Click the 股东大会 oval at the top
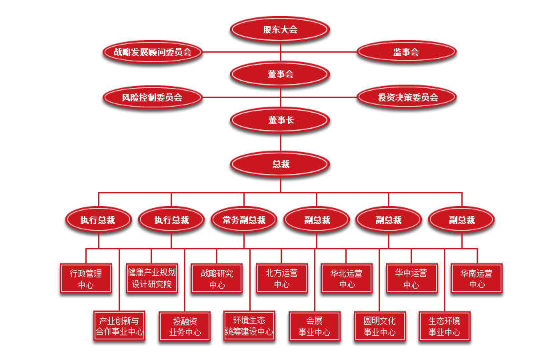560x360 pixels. click(x=280, y=29)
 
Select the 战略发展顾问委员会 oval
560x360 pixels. click(x=153, y=51)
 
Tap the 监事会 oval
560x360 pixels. click(x=406, y=51)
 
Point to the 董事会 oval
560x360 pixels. click(x=280, y=74)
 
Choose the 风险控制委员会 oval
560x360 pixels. click(x=152, y=97)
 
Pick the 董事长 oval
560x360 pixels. click(x=280, y=121)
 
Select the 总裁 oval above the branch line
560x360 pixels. click(x=280, y=164)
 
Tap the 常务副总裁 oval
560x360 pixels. click(x=243, y=220)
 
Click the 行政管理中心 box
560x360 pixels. click(x=86, y=279)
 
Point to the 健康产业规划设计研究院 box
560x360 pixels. click(x=151, y=279)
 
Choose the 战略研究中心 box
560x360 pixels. click(x=217, y=279)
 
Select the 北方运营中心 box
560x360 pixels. click(x=281, y=279)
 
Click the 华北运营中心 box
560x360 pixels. click(x=347, y=279)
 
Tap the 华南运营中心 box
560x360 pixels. click(x=477, y=279)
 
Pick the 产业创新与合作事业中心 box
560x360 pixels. click(x=119, y=326)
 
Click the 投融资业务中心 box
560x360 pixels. click(x=184, y=326)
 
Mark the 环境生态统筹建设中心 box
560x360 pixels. click(x=249, y=326)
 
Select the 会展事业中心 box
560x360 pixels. click(x=314, y=326)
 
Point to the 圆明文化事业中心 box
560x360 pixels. click(x=379, y=326)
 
